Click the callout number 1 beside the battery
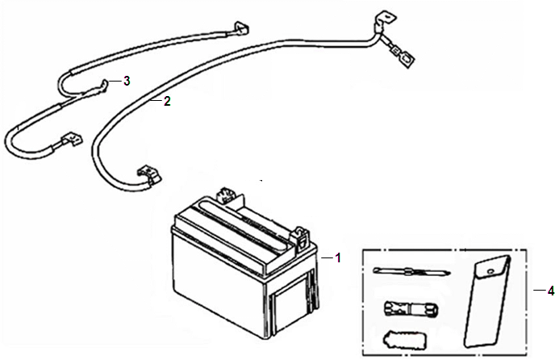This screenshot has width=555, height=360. (x=338, y=258)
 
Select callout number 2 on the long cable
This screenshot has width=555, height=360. (x=167, y=102)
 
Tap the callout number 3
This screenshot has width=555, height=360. (x=127, y=82)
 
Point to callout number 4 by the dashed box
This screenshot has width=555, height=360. (x=550, y=291)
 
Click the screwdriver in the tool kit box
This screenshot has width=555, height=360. (x=411, y=272)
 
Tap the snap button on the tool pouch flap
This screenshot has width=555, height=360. (x=490, y=271)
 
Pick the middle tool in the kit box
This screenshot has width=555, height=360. (x=411, y=308)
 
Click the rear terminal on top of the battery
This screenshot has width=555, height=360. (x=226, y=195)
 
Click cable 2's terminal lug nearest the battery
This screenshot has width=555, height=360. (x=149, y=175)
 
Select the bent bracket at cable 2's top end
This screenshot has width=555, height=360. (x=384, y=20)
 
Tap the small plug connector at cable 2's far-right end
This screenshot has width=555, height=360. (x=403, y=55)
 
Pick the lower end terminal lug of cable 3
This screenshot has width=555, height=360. (x=72, y=140)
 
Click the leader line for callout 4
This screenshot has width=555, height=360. (x=539, y=291)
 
